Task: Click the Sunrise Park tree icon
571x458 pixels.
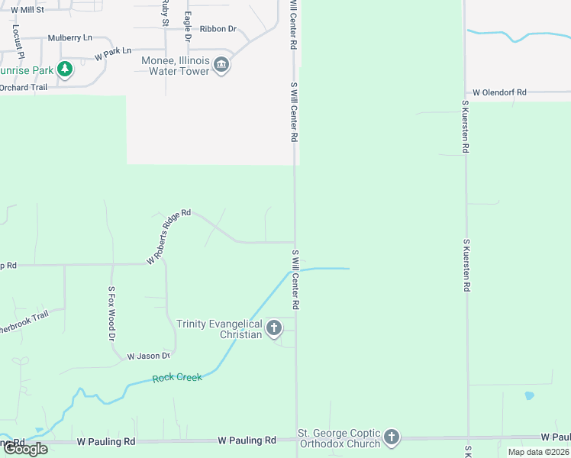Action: [x=66, y=70]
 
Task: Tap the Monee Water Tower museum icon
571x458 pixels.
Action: [x=221, y=65]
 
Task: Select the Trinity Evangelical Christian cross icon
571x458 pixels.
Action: [x=274, y=329]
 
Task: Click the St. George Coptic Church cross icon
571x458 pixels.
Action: [x=392, y=437]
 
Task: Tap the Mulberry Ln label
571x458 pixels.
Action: [x=69, y=37]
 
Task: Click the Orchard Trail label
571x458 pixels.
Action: [x=24, y=87]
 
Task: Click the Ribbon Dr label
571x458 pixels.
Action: [x=218, y=29]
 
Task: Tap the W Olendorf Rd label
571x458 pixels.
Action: [x=499, y=92]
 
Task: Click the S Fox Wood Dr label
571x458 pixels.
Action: [x=111, y=313]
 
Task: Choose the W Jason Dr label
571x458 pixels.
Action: [x=148, y=356]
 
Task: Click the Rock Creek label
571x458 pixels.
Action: [x=177, y=378]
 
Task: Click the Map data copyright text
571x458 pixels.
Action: [x=537, y=452]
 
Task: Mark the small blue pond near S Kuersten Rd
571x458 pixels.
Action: [x=529, y=396]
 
